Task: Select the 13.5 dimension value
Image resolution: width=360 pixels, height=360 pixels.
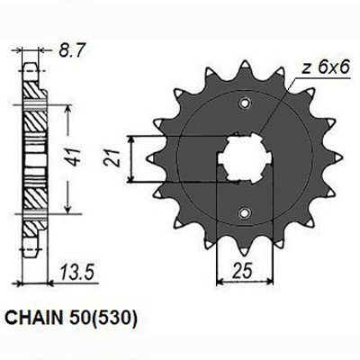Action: click(77, 273)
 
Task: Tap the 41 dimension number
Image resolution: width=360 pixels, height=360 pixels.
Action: click(74, 157)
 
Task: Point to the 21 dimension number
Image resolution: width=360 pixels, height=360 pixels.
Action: click(112, 158)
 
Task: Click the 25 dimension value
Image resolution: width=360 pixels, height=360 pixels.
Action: click(242, 272)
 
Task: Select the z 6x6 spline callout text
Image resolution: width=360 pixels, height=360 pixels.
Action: click(326, 68)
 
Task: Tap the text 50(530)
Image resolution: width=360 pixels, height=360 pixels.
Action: click(101, 319)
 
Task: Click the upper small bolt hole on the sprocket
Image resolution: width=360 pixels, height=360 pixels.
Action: click(244, 103)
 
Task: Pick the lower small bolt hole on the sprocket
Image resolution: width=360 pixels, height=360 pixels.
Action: click(244, 213)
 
